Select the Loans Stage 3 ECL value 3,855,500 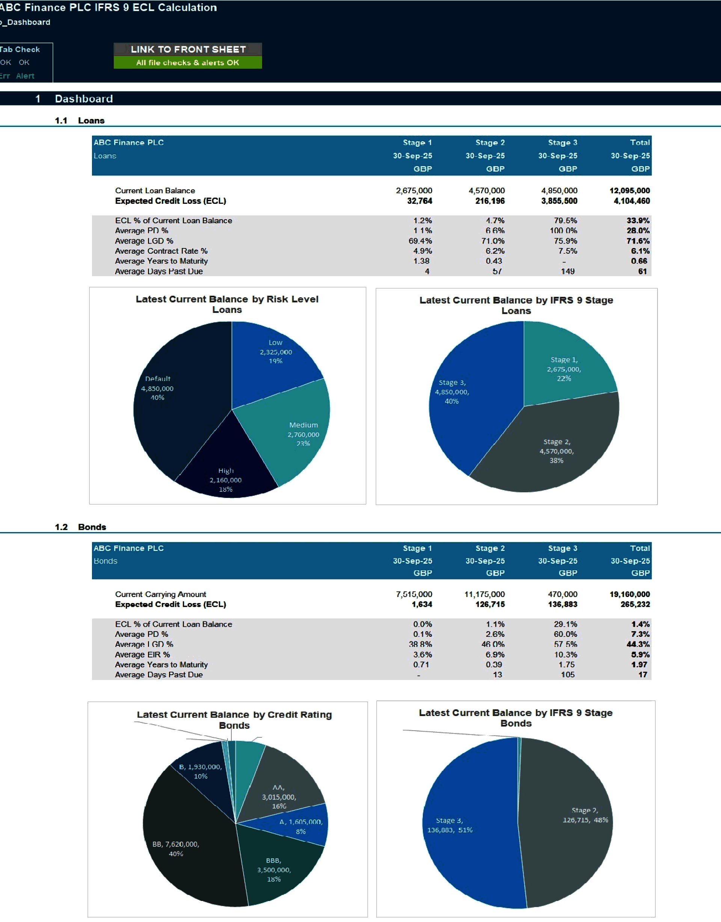559,201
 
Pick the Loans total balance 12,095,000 629,190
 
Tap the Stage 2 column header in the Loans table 490,143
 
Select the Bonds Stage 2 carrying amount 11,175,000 484,594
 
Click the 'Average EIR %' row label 142,654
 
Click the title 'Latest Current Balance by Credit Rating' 234,714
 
